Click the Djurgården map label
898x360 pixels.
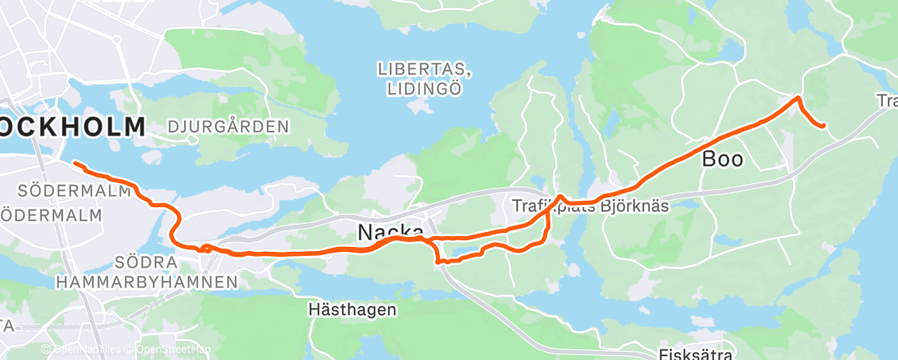pyautogui.click(x=228, y=127)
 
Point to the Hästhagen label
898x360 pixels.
pyautogui.click(x=352, y=310)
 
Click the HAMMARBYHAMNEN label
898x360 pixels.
pyautogui.click(x=147, y=282)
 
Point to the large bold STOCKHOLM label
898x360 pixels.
pyautogui.click(x=73, y=127)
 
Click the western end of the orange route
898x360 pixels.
pyautogui.click(x=75, y=163)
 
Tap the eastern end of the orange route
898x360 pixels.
pyautogui.click(x=824, y=126)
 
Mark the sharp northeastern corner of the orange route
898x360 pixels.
pyautogui.click(x=797, y=98)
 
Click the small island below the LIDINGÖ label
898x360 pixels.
pyautogui.click(x=420, y=107)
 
